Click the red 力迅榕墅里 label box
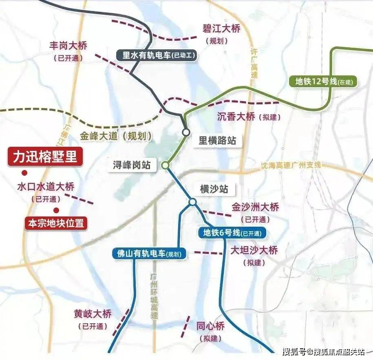click(x=45, y=157)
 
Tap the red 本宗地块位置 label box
click(x=56, y=223)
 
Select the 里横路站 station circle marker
click(x=186, y=132)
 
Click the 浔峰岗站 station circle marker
click(x=165, y=165)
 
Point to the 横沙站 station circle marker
click(x=192, y=202)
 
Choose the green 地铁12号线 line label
click(x=325, y=81)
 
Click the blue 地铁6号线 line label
click(x=232, y=233)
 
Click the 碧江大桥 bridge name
click(x=221, y=29)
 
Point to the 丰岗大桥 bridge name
click(x=68, y=46)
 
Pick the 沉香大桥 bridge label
click(x=236, y=117)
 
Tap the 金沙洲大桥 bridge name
click(x=256, y=207)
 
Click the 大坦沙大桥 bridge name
click(x=254, y=250)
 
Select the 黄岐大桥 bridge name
click(x=93, y=314)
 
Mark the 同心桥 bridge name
click(x=210, y=326)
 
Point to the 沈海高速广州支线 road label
click(x=291, y=165)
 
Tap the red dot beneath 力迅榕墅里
click(x=25, y=172)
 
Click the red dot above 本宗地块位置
click(x=56, y=210)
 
